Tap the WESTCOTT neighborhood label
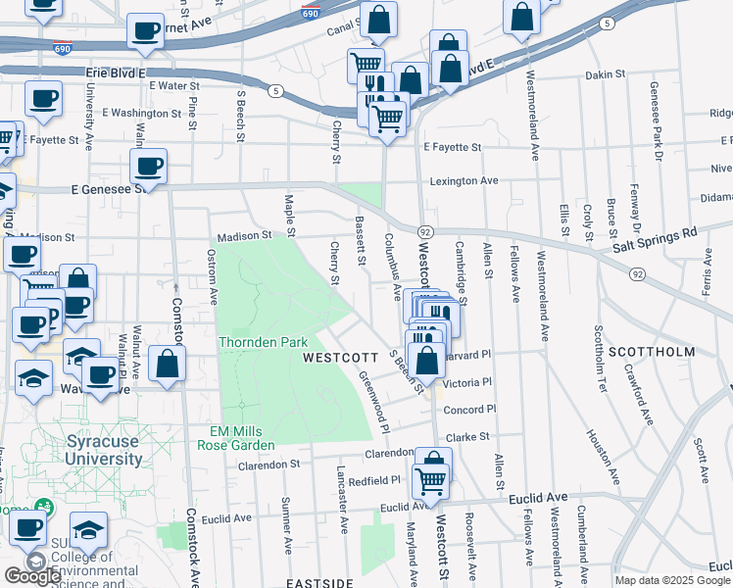point(340,358)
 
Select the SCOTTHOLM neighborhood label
point(652,351)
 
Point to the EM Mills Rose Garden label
point(242,438)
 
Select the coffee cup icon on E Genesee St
point(148,168)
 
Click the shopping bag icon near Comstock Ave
point(168,366)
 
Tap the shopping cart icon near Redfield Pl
point(432,480)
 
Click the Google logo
point(32,575)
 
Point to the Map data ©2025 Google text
point(672,579)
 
